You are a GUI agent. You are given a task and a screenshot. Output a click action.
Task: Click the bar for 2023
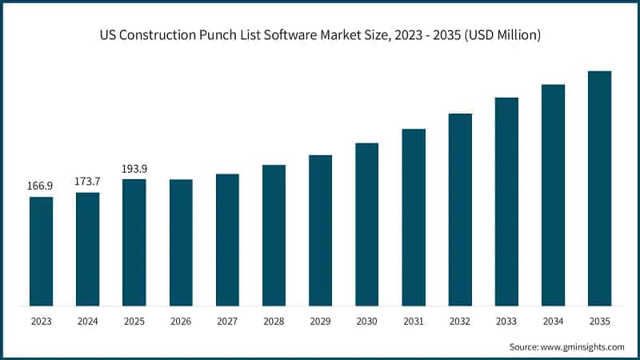(x=42, y=251)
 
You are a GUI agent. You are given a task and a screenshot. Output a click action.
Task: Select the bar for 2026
(x=181, y=243)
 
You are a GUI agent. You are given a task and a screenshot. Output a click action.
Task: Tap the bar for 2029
(x=321, y=230)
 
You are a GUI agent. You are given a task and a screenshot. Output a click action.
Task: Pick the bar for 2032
(x=460, y=210)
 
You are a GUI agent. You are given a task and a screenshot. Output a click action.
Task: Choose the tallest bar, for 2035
(x=599, y=189)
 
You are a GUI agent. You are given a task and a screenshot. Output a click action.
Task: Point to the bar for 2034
(x=553, y=195)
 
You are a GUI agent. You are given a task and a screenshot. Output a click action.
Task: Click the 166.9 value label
(x=40, y=186)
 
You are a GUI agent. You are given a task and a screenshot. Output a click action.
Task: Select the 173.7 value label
(x=87, y=182)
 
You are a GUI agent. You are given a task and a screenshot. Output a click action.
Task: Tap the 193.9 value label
(x=134, y=169)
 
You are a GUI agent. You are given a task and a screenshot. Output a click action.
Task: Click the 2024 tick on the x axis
(x=88, y=322)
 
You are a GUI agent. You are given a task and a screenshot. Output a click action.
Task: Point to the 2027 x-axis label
(x=227, y=322)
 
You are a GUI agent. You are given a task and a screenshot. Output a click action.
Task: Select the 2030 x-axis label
(x=367, y=322)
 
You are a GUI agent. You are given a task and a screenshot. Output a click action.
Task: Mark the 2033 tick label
(x=506, y=322)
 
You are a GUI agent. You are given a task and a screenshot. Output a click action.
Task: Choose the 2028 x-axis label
(x=274, y=322)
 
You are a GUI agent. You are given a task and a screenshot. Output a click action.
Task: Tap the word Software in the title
(x=290, y=35)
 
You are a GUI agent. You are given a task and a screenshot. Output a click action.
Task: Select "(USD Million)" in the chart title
(x=502, y=35)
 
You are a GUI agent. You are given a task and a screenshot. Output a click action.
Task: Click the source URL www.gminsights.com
(x=582, y=347)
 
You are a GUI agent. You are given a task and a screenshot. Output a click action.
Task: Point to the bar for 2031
(x=414, y=218)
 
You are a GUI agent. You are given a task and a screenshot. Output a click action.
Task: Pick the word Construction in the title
(x=158, y=35)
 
